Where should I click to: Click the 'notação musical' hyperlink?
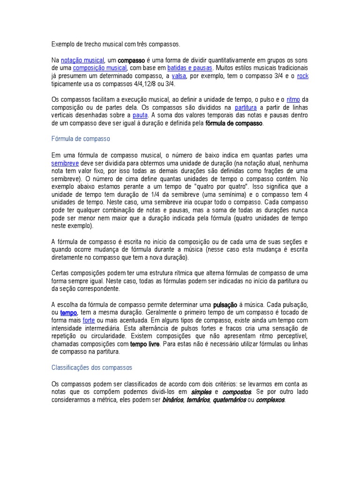point(82,60)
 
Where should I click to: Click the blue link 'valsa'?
point(179,76)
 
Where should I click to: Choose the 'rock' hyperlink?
point(303,76)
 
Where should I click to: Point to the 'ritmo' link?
point(293,99)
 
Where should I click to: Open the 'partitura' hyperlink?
point(246,107)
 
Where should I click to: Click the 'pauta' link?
point(140,115)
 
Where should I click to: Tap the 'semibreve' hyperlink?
point(64,163)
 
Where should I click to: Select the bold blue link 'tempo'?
point(68,313)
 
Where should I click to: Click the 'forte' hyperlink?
point(89,321)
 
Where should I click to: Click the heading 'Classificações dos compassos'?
point(92,367)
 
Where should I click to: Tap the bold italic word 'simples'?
point(202,392)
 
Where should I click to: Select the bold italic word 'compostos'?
point(237,392)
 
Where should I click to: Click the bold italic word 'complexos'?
point(270,400)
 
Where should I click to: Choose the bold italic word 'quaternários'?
point(229,400)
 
